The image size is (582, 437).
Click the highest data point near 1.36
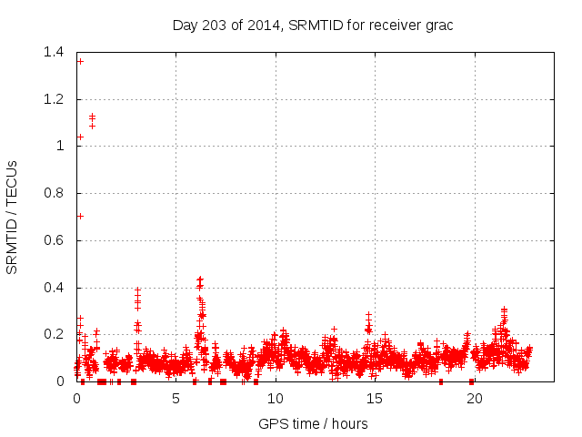[80, 61]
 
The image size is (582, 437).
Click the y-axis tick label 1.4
[53, 52]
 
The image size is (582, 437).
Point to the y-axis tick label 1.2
[53, 99]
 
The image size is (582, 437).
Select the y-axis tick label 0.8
[53, 193]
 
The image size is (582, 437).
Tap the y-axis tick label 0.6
[53, 240]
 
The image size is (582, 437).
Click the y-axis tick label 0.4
[53, 288]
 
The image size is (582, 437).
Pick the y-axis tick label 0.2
[53, 335]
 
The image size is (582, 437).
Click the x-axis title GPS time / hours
[313, 423]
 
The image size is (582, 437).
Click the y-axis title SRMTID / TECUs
[13, 217]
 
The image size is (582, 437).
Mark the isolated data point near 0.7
[80, 216]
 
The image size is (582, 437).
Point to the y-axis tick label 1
[59, 147]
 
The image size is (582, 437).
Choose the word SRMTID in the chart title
[314, 25]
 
